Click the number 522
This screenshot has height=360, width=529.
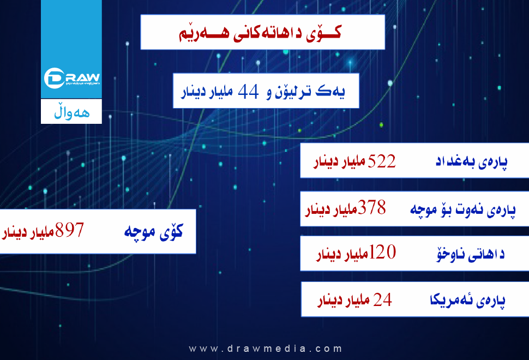382,161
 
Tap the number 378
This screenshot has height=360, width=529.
372,207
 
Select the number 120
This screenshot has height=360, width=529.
382,252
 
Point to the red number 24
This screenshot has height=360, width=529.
383,299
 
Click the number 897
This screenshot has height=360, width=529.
69,230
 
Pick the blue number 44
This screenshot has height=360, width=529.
248,92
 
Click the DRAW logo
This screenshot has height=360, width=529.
72,78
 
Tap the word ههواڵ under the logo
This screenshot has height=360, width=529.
72,113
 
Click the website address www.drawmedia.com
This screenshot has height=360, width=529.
266,349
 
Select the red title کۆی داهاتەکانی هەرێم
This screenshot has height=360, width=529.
260,33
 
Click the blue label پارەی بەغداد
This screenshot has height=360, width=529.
471,161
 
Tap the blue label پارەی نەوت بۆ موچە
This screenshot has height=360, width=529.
463,209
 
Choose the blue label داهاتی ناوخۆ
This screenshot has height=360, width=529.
471,254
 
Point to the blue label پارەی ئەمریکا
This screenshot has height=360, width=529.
467,300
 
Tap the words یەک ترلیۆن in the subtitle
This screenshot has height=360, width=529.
310,92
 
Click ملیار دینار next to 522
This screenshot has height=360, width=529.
339,162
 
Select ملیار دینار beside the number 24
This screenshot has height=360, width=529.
344,299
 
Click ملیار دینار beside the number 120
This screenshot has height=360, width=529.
342,254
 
